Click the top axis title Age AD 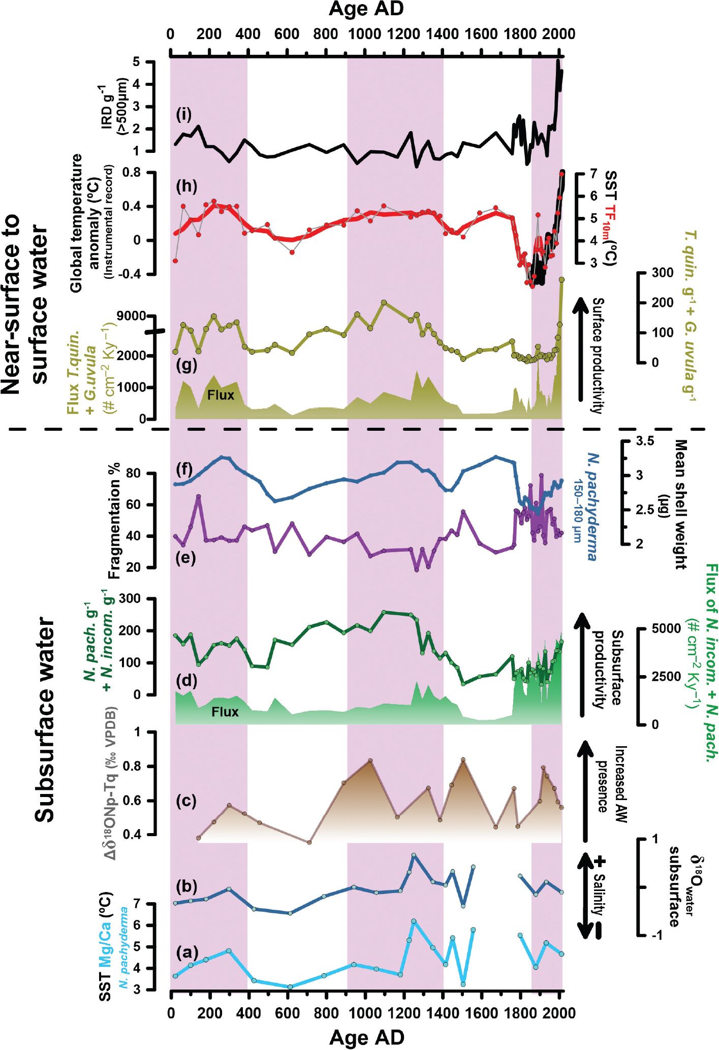[x=366, y=9]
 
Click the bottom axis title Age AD [x=366, y=1037]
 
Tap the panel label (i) [x=184, y=115]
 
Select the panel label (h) [x=186, y=186]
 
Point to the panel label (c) [x=185, y=801]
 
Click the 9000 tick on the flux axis [x=131, y=316]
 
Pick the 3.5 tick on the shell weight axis [x=645, y=441]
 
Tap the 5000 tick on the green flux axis [x=666, y=628]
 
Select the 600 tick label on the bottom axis [x=287, y=1013]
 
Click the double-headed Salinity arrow [x=585, y=896]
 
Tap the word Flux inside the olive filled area [x=221, y=395]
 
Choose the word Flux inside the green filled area [x=225, y=712]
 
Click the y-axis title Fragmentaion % [x=115, y=520]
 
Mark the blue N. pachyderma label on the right [x=592, y=506]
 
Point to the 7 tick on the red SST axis [x=593, y=174]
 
